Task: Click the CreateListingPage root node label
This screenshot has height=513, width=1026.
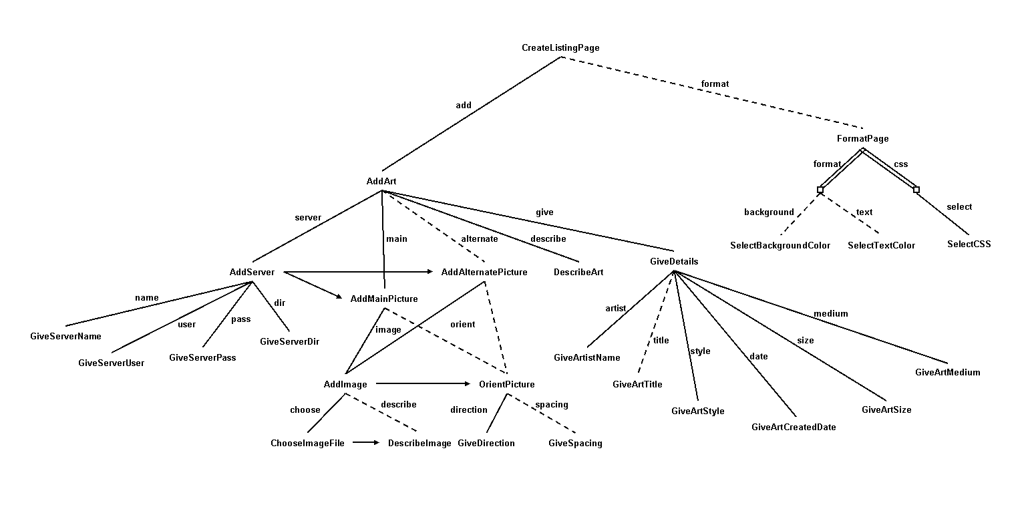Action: tap(560, 48)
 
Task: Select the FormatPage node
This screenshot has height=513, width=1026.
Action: tap(862, 139)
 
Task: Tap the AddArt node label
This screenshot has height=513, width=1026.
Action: tap(381, 182)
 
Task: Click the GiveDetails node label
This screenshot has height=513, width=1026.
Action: tap(673, 262)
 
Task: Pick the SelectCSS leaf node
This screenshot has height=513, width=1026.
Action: tap(969, 244)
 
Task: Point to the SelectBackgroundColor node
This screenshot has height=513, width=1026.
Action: tap(780, 246)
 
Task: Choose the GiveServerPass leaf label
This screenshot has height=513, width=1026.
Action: tap(202, 358)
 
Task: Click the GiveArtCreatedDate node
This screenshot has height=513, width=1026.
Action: tap(794, 427)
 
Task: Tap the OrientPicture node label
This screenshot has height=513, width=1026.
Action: tap(506, 385)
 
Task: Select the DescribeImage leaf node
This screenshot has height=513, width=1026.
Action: tap(419, 444)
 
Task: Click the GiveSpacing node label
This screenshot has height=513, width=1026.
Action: tap(575, 444)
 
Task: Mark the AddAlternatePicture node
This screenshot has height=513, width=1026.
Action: tap(484, 273)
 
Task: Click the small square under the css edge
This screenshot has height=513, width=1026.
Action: tap(916, 190)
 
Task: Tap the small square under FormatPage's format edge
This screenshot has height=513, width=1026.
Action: tap(820, 190)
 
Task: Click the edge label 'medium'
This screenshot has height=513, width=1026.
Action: tap(830, 314)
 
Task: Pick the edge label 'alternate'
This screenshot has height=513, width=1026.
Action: tap(479, 239)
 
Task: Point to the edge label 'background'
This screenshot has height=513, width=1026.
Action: tap(769, 212)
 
